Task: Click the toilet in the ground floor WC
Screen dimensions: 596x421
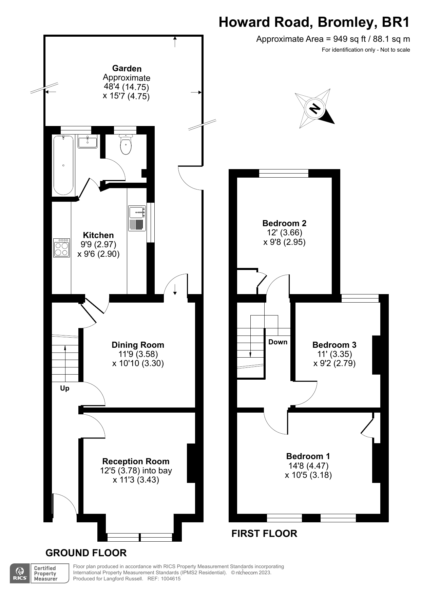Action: point(126,146)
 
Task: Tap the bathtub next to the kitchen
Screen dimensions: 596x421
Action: point(63,165)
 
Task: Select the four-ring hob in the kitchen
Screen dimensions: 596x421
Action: point(61,248)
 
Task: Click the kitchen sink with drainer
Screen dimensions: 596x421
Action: point(137,219)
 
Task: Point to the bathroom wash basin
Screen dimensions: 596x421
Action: point(88,141)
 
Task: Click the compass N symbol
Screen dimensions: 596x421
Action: point(315,108)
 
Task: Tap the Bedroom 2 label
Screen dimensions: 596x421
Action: point(284,223)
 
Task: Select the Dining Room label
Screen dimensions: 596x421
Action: point(138,345)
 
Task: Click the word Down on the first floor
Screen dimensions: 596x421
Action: point(278,342)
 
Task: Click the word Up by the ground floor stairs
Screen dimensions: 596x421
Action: point(64,388)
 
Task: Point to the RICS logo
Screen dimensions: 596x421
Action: point(20,574)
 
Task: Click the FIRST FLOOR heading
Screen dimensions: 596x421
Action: point(264,534)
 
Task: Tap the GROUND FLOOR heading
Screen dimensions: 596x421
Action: point(86,553)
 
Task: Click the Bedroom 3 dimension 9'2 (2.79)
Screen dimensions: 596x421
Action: point(334,363)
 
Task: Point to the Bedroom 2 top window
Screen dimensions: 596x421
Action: point(284,174)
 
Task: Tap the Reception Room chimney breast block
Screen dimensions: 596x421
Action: point(191,463)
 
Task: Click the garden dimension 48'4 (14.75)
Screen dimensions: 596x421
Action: point(126,87)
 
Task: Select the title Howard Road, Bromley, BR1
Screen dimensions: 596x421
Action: point(314,22)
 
